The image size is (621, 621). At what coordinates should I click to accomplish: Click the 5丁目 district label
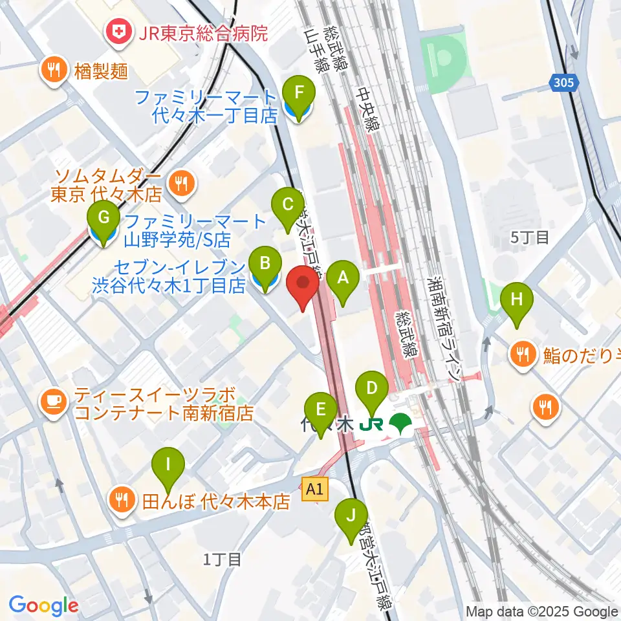tap(530, 237)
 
